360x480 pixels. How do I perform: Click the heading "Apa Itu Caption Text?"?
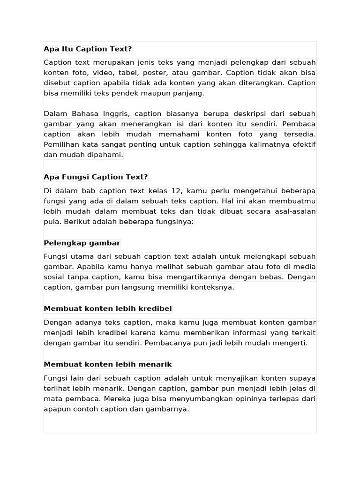(x=88, y=49)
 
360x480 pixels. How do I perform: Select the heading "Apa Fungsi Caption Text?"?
(x=96, y=177)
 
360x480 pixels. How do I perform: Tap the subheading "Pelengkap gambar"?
(x=82, y=243)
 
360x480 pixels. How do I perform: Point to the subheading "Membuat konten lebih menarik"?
(x=108, y=365)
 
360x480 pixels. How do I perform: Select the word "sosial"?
(x=54, y=277)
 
